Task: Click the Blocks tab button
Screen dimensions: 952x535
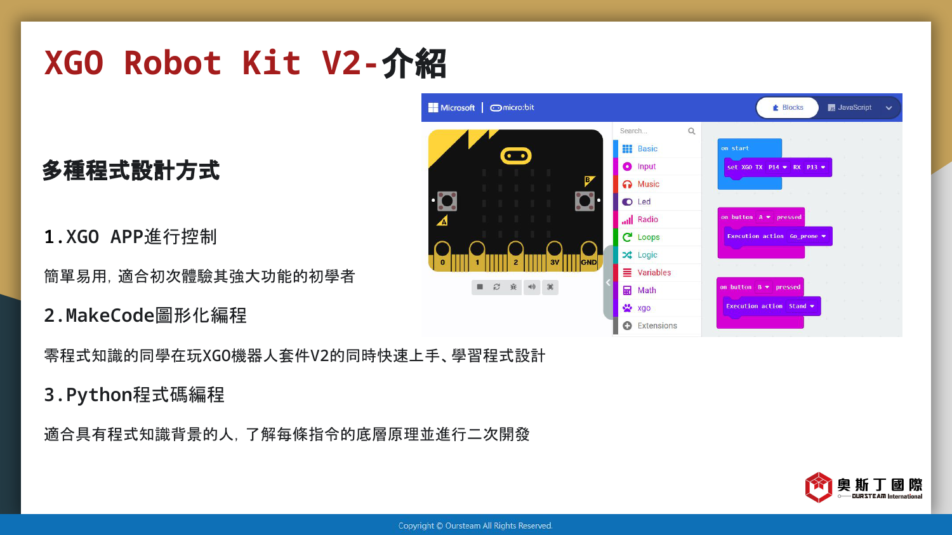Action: point(788,107)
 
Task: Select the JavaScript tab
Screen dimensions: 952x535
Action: point(850,107)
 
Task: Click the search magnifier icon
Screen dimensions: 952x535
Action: point(692,131)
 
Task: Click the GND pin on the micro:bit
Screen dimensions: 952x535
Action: point(588,255)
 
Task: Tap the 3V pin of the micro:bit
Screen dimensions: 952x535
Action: point(555,255)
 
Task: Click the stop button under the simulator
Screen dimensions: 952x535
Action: point(480,287)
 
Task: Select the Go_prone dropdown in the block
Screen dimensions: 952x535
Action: point(807,236)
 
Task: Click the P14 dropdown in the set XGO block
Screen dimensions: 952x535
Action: point(777,168)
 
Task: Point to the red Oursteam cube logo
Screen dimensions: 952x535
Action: point(818,487)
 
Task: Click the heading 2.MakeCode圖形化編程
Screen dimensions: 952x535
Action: point(145,315)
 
